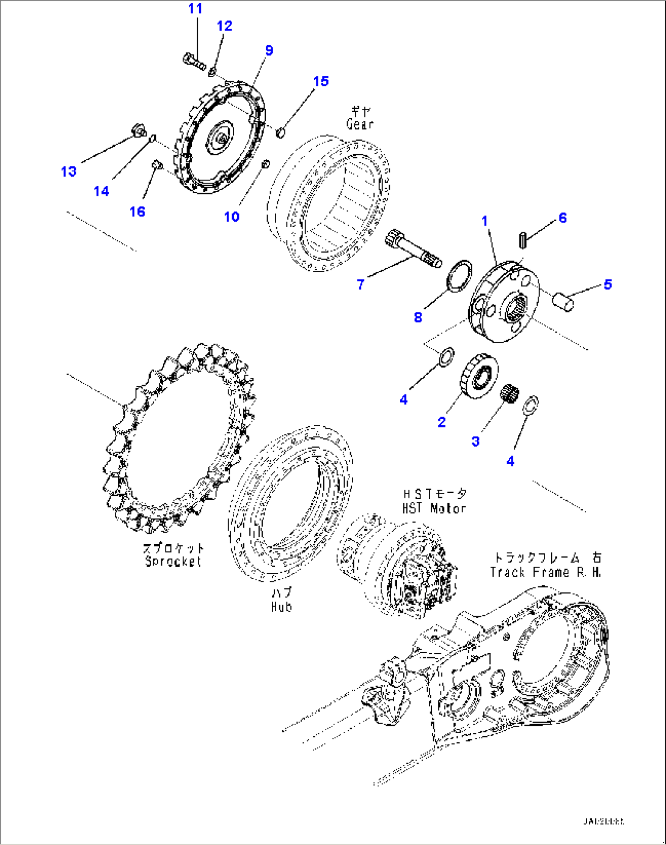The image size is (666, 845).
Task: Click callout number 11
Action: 195,9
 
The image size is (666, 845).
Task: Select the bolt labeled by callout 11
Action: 194,61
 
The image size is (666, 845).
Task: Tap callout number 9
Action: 269,51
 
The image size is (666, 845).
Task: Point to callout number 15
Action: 321,81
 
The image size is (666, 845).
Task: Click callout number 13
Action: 68,171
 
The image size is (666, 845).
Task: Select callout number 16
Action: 137,212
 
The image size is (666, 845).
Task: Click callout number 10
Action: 232,216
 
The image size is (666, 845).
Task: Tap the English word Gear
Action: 360,124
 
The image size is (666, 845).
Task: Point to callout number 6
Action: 562,218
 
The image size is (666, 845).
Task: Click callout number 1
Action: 485,221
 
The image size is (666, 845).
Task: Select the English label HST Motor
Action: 434,508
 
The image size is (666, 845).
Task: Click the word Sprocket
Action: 173,561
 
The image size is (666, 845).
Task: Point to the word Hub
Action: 281,607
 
